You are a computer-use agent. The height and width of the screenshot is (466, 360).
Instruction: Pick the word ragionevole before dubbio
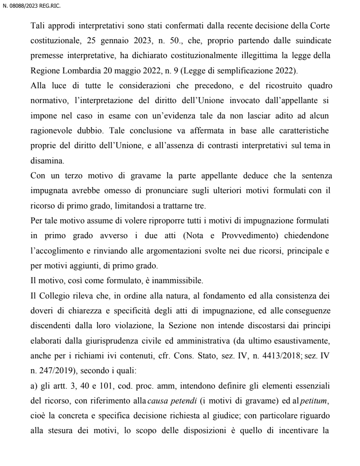[51, 122]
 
